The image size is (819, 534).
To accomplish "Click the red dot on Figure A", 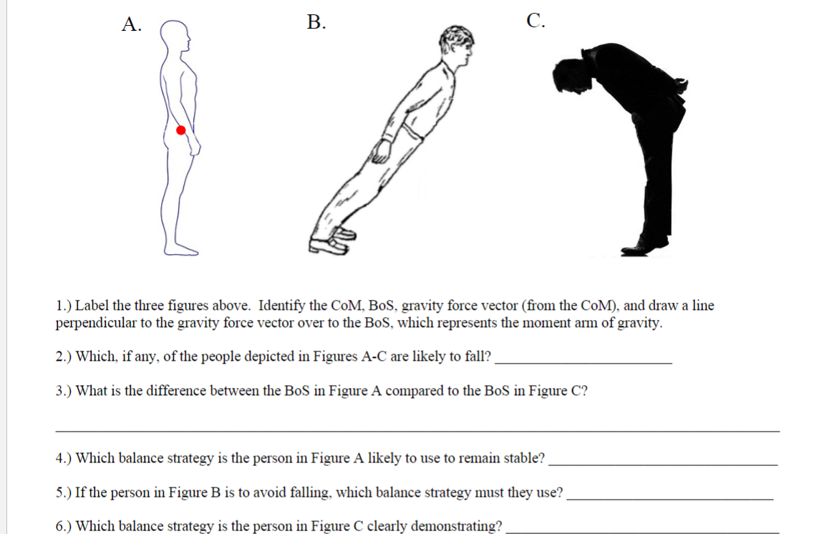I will click(x=181, y=130).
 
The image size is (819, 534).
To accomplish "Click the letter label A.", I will click(x=130, y=24).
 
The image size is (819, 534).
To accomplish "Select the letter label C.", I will click(x=534, y=21).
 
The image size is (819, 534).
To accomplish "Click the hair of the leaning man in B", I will click(x=455, y=37).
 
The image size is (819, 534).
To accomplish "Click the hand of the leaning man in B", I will click(x=384, y=148).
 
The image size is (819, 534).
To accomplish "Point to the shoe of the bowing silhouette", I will click(x=642, y=247).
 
